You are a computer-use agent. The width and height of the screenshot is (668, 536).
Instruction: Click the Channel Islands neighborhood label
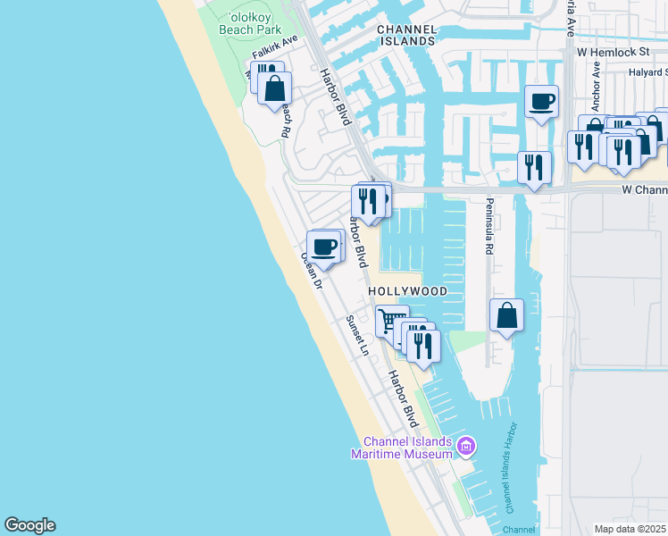click(406, 35)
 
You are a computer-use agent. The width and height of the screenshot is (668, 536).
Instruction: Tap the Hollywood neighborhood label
click(407, 292)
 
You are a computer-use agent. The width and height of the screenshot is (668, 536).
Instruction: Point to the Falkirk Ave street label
click(274, 49)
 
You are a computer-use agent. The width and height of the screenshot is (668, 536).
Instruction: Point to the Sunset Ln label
click(357, 335)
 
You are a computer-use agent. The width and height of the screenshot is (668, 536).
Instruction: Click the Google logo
click(29, 525)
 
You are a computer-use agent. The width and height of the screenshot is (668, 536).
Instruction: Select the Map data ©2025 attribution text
click(630, 529)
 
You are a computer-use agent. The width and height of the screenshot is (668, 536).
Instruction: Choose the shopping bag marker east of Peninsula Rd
click(506, 314)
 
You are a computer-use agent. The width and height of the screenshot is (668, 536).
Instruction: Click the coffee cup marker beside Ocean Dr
click(323, 246)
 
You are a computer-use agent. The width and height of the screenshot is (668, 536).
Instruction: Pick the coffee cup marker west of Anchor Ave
click(540, 101)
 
